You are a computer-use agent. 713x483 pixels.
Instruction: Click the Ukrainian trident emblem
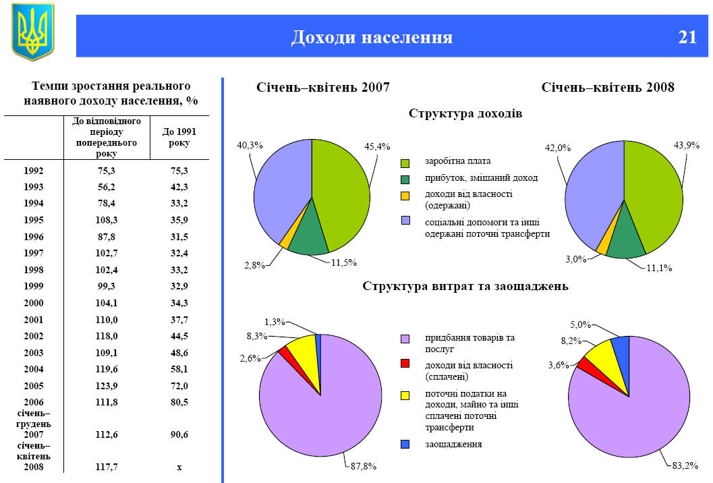32,32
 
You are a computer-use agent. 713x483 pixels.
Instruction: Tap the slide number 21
687,37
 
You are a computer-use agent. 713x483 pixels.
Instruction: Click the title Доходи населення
372,37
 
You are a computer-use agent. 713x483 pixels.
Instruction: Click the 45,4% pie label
378,146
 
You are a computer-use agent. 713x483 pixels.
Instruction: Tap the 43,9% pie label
686,145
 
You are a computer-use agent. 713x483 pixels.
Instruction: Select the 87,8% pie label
363,466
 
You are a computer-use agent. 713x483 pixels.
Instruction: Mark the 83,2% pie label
685,465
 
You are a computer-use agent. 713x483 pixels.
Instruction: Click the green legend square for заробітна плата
405,163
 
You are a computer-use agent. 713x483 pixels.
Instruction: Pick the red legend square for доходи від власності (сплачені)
405,364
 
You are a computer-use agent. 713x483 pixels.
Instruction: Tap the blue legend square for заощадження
405,444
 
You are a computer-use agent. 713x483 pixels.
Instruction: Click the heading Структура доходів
465,113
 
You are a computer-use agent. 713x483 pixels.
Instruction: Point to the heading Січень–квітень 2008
608,88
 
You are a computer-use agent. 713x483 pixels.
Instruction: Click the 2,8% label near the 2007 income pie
255,266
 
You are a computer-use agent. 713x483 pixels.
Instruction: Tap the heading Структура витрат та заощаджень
465,286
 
